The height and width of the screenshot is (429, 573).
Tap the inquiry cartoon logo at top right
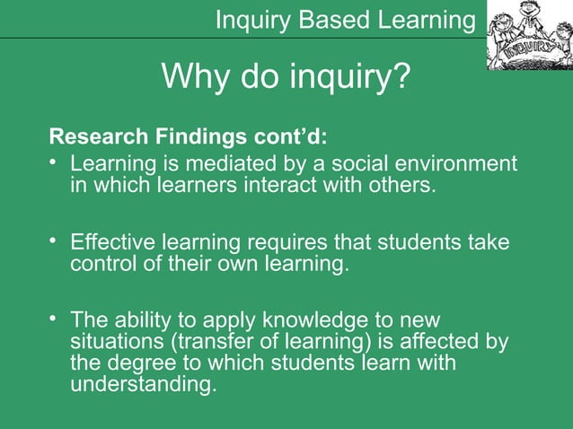coord(529,36)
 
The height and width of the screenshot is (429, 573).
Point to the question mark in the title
coord(401,79)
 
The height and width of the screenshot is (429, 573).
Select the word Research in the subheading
coord(93,139)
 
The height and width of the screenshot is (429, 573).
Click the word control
coord(101,265)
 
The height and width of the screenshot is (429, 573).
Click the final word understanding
coord(143,385)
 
